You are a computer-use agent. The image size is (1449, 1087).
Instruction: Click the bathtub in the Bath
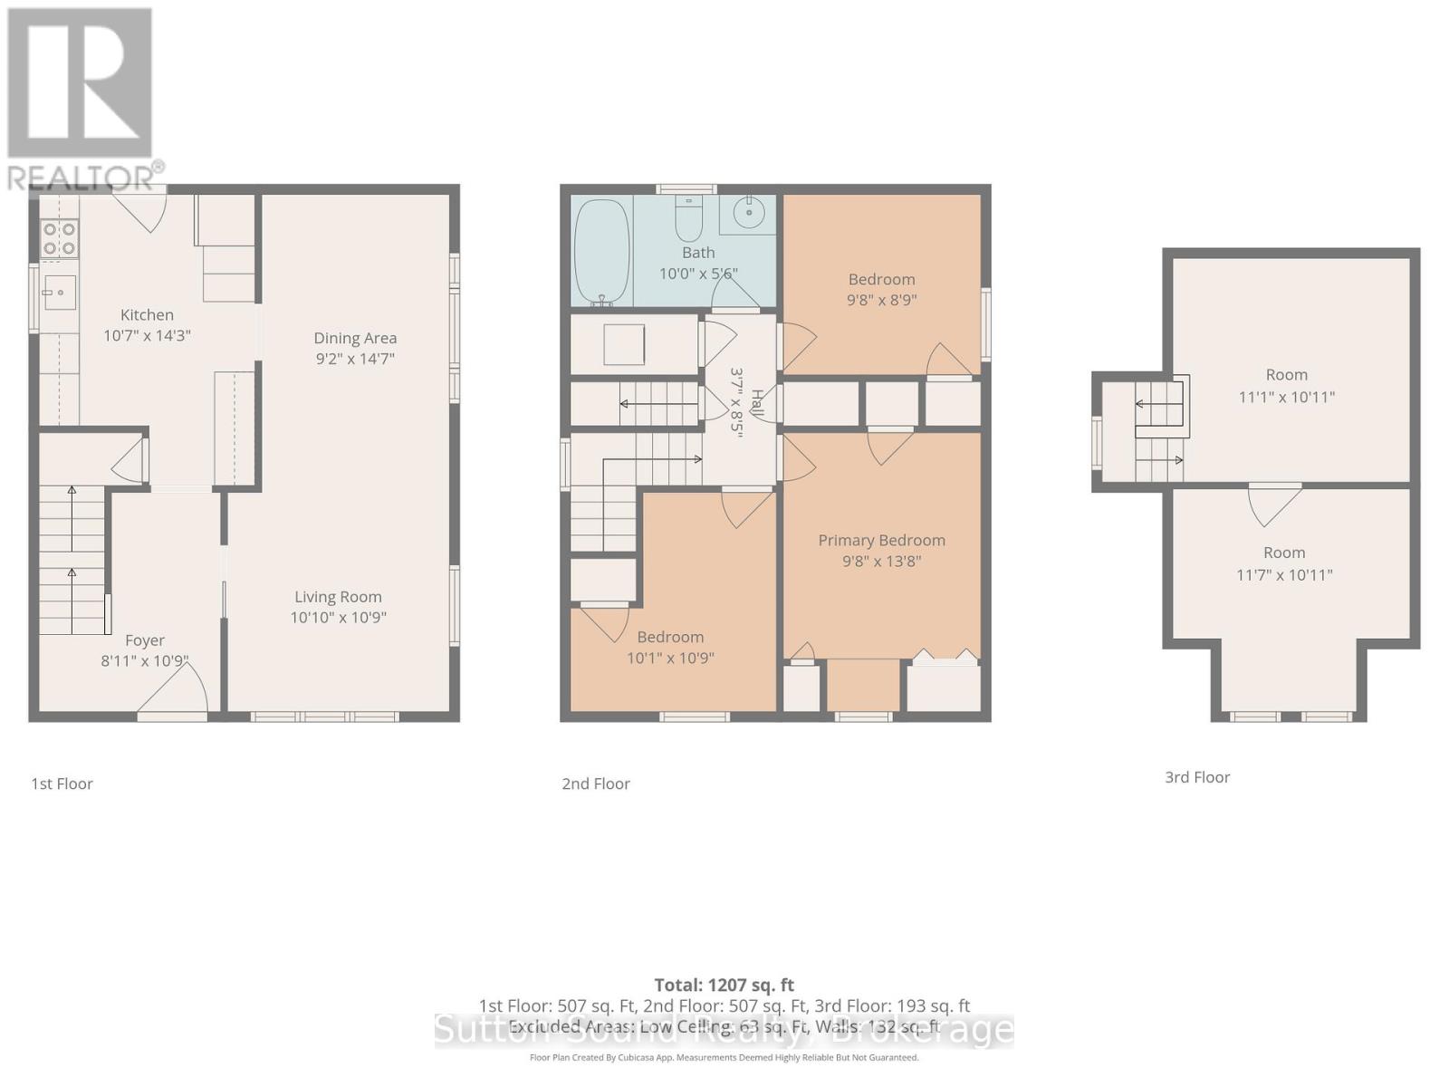click(x=601, y=252)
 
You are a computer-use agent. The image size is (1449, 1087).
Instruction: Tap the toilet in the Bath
click(x=688, y=217)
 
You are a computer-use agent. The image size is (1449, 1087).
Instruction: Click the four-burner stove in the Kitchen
click(x=60, y=239)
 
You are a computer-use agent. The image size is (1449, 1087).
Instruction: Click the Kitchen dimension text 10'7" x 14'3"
click(x=147, y=335)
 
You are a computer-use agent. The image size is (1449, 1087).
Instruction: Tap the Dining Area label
click(x=355, y=338)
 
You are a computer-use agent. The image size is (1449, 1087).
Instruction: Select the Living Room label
click(x=338, y=597)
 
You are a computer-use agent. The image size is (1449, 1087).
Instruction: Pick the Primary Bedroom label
click(x=881, y=540)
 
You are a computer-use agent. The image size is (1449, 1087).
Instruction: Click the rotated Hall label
click(x=758, y=404)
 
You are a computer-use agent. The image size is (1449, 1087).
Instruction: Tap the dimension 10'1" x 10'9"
click(x=670, y=659)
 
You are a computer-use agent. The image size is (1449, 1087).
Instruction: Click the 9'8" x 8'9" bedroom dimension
click(x=881, y=300)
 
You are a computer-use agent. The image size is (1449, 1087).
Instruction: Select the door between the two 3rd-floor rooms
click(x=1275, y=503)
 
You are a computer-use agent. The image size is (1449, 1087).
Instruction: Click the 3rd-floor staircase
click(x=1159, y=430)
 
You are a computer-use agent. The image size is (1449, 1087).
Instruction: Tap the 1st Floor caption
click(x=62, y=784)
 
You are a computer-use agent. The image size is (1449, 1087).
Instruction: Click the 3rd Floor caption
click(x=1197, y=777)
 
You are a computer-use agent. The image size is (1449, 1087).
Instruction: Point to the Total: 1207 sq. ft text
click(x=724, y=985)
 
